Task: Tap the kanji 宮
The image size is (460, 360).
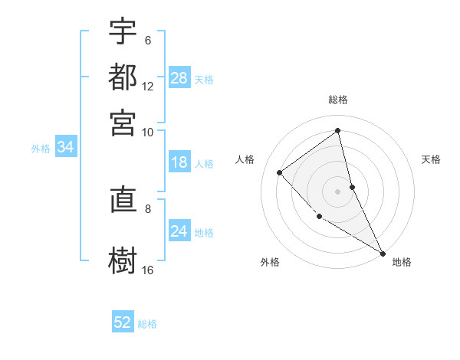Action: pyautogui.click(x=123, y=123)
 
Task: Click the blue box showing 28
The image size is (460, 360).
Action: pyautogui.click(x=179, y=78)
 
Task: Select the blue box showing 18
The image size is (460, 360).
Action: pyautogui.click(x=179, y=162)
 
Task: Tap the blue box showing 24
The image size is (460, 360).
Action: pyautogui.click(x=179, y=231)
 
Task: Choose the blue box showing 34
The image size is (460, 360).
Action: pyautogui.click(x=65, y=148)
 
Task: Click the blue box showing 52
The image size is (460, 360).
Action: pyautogui.click(x=123, y=322)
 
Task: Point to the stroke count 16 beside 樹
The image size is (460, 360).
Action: pyautogui.click(x=148, y=270)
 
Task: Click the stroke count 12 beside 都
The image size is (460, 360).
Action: pyautogui.click(x=148, y=86)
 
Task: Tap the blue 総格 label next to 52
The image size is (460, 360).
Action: pyautogui.click(x=147, y=324)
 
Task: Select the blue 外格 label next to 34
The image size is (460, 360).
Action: pyautogui.click(x=41, y=149)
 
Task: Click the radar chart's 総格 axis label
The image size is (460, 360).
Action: pyautogui.click(x=338, y=100)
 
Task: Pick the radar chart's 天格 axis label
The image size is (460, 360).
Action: pyautogui.click(x=432, y=159)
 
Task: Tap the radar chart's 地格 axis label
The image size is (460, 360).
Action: pyautogui.click(x=402, y=262)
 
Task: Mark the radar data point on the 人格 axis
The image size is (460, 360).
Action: pyautogui.click(x=280, y=172)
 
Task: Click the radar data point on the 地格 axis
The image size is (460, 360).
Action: pyautogui.click(x=383, y=252)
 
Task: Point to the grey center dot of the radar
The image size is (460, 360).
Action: pyautogui.click(x=338, y=191)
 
